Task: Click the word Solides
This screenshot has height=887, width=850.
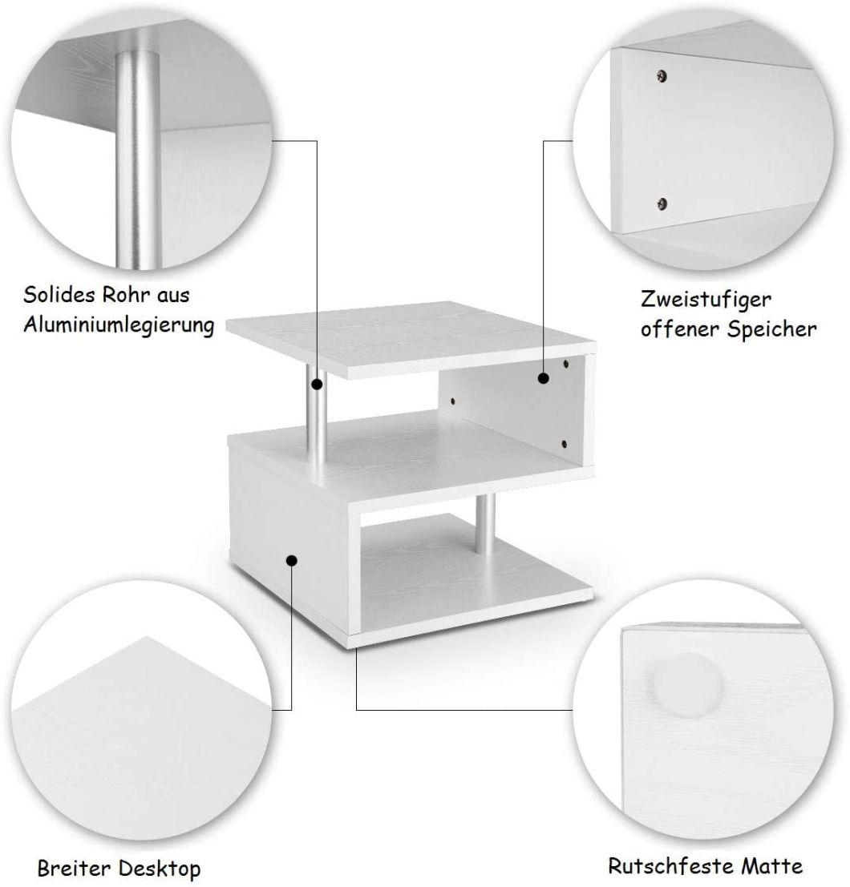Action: pyautogui.click(x=59, y=295)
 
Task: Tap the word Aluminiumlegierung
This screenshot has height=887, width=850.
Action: pyautogui.click(x=119, y=325)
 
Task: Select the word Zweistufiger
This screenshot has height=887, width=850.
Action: pyautogui.click(x=706, y=300)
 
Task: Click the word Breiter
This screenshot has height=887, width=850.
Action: pyautogui.click(x=73, y=868)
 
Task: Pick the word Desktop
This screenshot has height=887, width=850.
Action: pyautogui.click(x=160, y=869)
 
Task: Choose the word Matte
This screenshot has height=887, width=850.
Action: pyautogui.click(x=772, y=866)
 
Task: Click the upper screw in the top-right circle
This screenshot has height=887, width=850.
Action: pyautogui.click(x=661, y=75)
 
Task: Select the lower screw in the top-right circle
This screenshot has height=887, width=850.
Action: pyautogui.click(x=662, y=203)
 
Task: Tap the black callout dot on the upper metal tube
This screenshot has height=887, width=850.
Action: pyautogui.click(x=317, y=385)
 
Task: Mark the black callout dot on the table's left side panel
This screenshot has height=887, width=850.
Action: pyautogui.click(x=292, y=561)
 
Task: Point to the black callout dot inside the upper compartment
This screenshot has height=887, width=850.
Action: pyautogui.click(x=544, y=378)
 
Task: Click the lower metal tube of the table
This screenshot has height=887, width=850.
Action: pyautogui.click(x=485, y=524)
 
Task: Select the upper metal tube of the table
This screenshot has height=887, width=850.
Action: pyautogui.click(x=317, y=414)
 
